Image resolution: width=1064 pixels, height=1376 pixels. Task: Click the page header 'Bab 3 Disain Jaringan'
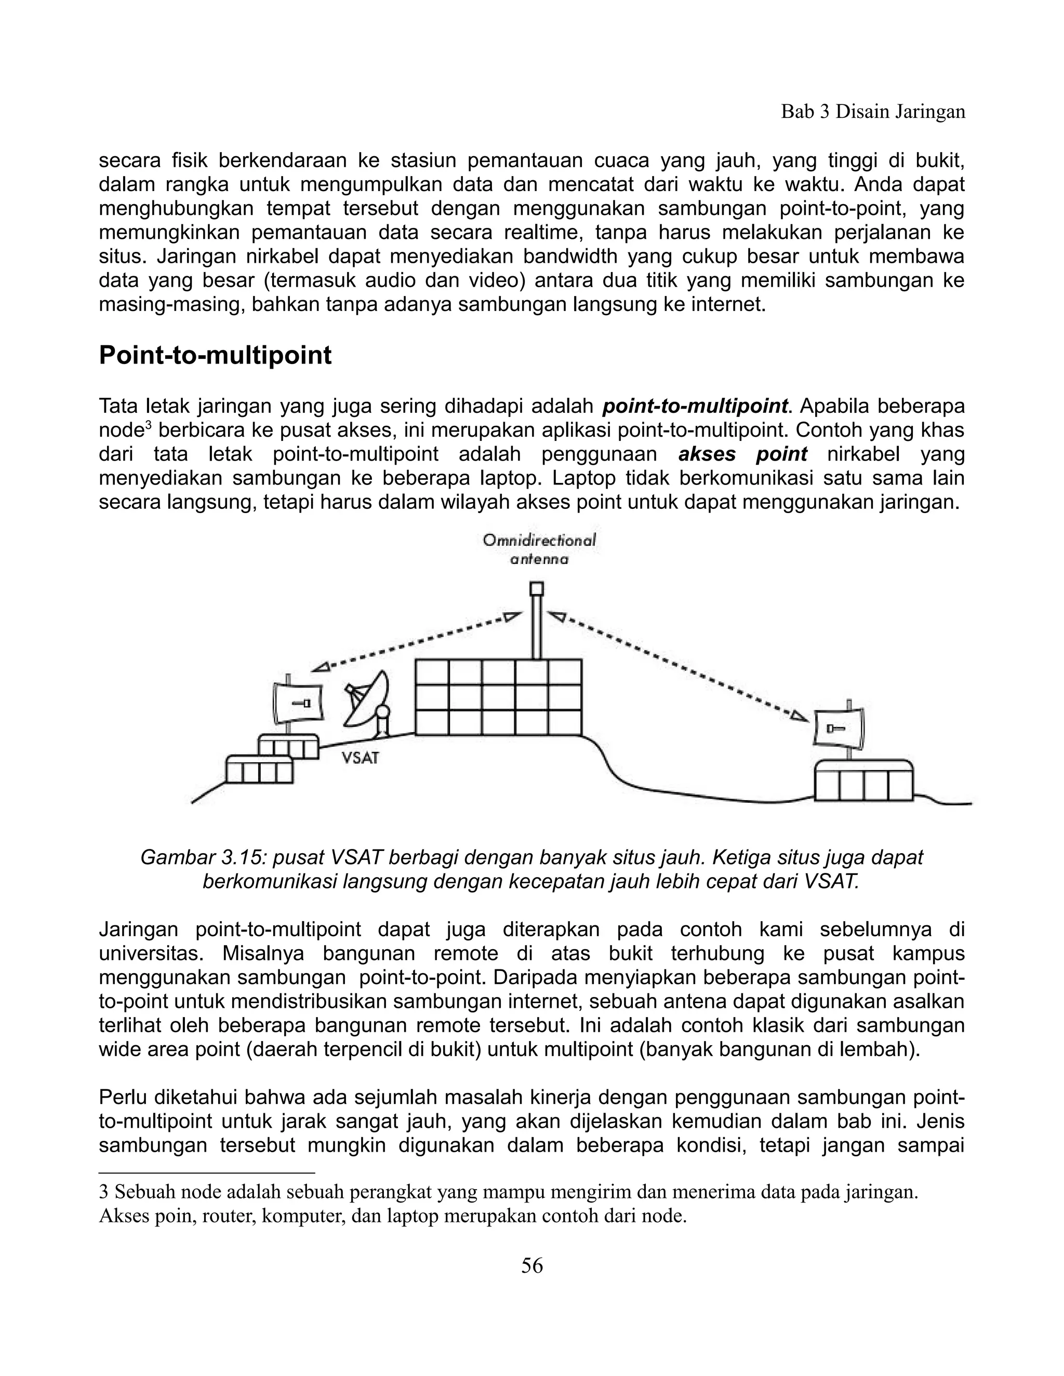point(872,112)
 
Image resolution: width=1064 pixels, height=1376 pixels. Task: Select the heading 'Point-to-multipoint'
point(215,356)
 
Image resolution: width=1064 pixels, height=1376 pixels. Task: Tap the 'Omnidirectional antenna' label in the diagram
point(539,549)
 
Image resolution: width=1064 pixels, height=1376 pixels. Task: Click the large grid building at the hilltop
point(498,697)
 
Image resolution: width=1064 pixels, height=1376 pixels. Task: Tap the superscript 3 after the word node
point(148,426)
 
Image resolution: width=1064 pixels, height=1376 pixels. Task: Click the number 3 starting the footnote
point(104,1192)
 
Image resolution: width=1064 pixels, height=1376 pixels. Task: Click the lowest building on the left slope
point(259,770)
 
